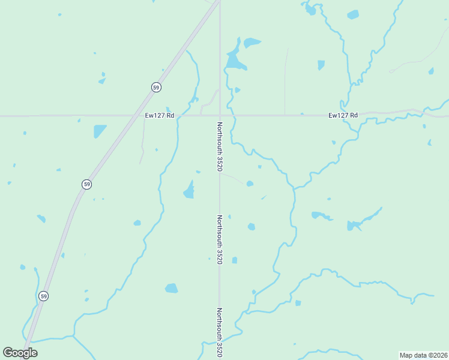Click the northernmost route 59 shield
[156, 88]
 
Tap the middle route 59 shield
[87, 184]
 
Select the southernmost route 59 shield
[44, 296]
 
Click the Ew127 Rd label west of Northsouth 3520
[159, 115]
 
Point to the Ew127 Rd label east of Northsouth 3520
[343, 115]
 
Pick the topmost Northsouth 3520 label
[220, 146]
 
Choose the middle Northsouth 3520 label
[220, 239]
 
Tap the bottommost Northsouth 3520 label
[220, 333]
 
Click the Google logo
[20, 353]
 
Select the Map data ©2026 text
[423, 355]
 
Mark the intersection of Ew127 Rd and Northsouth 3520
[220, 115]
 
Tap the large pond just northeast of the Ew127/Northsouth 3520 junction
[234, 60]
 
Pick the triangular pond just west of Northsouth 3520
[189, 191]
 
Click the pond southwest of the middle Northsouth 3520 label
[172, 288]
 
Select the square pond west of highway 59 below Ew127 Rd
[99, 131]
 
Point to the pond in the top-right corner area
[353, 14]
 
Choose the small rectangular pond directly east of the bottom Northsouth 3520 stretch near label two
[235, 260]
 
